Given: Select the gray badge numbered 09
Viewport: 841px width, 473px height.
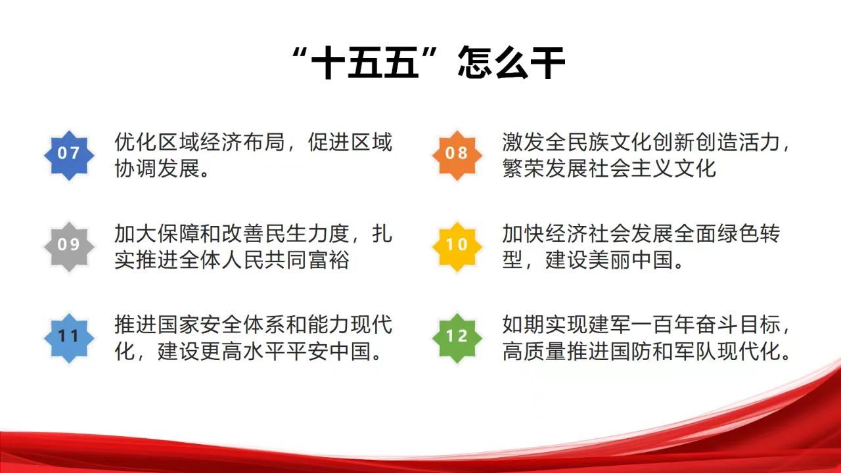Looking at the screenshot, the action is pyautogui.click(x=69, y=246).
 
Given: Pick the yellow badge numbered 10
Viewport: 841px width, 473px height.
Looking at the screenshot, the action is pyautogui.click(x=457, y=246).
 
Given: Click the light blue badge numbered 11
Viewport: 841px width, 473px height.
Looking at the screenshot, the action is pyautogui.click(x=69, y=338).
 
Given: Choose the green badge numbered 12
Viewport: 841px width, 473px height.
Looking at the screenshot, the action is pyautogui.click(x=457, y=338).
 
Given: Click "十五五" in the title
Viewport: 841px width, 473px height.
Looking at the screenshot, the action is pyautogui.click(x=365, y=62).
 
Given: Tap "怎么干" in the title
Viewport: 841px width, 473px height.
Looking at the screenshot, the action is pyautogui.click(x=511, y=62).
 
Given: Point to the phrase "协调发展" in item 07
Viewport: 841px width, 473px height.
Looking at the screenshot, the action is pyautogui.click(x=157, y=168).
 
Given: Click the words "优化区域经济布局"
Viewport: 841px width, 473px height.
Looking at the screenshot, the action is pyautogui.click(x=200, y=142).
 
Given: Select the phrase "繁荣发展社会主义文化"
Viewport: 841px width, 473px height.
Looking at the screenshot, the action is pyautogui.click(x=609, y=168).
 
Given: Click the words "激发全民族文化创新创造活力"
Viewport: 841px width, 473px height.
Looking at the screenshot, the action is pyautogui.click(x=641, y=142).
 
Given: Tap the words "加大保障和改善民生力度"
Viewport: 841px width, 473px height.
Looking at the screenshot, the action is pyautogui.click(x=232, y=233).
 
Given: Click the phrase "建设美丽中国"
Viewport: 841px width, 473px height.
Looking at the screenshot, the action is pyautogui.click(x=609, y=259).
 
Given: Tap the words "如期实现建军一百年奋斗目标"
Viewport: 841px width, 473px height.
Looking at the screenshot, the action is pyautogui.click(x=641, y=325).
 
